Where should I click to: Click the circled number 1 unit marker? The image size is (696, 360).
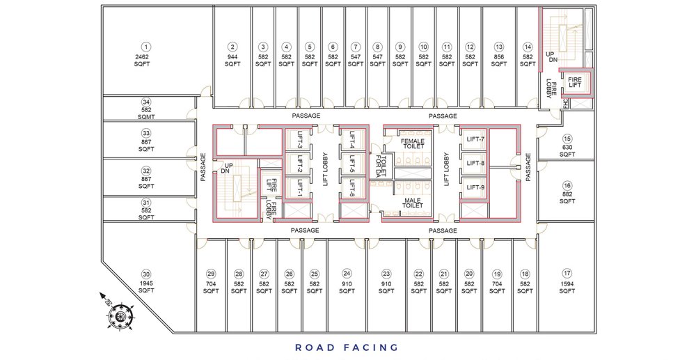click(145, 47)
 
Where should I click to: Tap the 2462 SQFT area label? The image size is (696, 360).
click(142, 61)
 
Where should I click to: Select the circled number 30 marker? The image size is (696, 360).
click(146, 274)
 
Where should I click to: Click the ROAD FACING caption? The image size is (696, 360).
click(347, 347)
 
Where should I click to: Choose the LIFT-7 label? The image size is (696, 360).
click(475, 139)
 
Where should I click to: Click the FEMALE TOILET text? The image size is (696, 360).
click(413, 143)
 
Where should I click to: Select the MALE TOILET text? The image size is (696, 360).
click(413, 203)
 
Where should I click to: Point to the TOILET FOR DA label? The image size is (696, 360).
click(381, 165)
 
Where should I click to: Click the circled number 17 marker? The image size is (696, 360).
click(567, 273)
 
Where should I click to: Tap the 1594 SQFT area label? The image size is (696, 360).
click(567, 287)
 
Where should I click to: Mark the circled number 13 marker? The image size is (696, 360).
click(499, 47)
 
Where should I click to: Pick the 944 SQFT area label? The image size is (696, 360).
click(232, 61)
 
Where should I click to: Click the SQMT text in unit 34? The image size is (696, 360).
click(146, 117)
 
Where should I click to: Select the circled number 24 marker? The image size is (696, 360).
click(347, 274)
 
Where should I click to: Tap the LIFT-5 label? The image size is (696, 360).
click(352, 164)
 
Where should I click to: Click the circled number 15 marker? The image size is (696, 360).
click(567, 138)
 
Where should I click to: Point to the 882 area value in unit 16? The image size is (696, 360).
click(567, 194)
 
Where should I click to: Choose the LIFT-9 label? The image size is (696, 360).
click(475, 187)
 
